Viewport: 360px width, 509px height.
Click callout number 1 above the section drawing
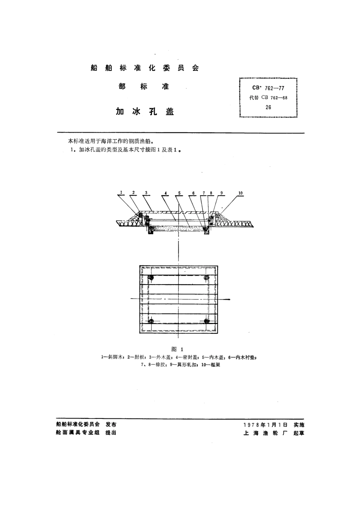121,193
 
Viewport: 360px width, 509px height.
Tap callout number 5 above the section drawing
179,193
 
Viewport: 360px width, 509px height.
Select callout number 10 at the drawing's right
241,193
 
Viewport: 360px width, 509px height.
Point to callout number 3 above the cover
146,193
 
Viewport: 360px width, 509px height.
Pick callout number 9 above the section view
222,193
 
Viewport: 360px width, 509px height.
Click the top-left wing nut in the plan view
151,278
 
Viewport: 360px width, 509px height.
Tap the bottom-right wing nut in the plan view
207,321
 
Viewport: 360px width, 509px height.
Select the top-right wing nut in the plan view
207,278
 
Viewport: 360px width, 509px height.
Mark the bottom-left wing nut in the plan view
151,321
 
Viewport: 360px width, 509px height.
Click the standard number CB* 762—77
268,88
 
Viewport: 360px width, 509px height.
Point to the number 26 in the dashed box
268,107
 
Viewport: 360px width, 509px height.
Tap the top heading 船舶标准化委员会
144,68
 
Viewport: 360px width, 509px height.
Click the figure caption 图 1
177,349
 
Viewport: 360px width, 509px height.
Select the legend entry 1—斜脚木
113,357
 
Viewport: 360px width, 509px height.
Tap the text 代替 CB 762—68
268,98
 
